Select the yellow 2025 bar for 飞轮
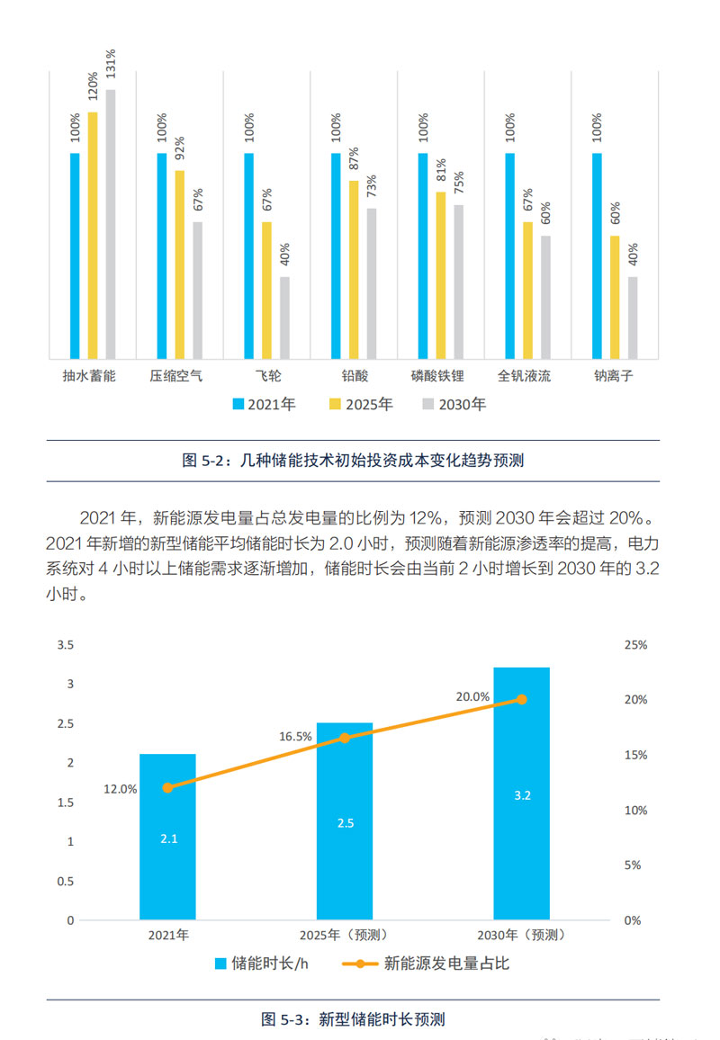266,290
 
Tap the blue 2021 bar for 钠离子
598,256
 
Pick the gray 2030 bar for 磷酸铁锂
459,281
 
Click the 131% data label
111,66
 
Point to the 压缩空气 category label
176,375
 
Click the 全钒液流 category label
524,375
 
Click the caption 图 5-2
353,461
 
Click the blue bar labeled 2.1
167,837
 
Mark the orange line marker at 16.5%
344,738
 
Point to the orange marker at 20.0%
522,699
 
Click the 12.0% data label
120,789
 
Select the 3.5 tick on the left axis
66,645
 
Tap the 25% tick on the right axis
635,645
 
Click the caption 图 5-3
353,1019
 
